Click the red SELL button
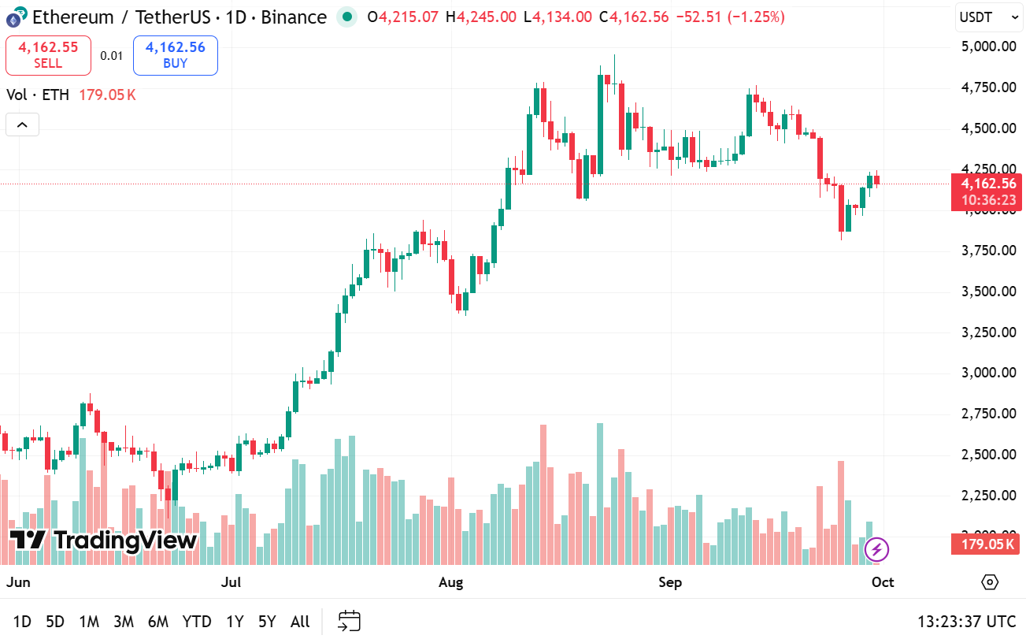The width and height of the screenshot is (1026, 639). pyautogui.click(x=48, y=55)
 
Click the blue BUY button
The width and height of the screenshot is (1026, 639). pyautogui.click(x=175, y=55)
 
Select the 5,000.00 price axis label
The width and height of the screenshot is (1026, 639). pyautogui.click(x=988, y=46)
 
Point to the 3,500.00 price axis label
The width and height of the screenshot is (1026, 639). pyautogui.click(x=988, y=292)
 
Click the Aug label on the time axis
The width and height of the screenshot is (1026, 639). pyautogui.click(x=450, y=582)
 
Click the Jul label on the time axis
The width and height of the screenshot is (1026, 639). pyautogui.click(x=231, y=582)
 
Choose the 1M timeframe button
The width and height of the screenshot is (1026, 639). pyautogui.click(x=89, y=622)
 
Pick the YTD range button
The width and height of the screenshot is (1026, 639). pyautogui.click(x=196, y=622)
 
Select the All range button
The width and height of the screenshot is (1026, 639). pyautogui.click(x=300, y=622)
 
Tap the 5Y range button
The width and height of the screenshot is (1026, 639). pyautogui.click(x=267, y=622)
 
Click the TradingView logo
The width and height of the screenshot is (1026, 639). pyautogui.click(x=103, y=541)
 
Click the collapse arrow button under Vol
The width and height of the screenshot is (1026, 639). pyautogui.click(x=22, y=124)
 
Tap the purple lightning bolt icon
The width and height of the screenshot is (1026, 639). pyautogui.click(x=876, y=549)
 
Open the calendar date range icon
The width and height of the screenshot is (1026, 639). pyautogui.click(x=349, y=621)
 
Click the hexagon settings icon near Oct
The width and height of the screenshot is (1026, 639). pyautogui.click(x=990, y=582)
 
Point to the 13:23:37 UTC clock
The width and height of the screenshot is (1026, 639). pyautogui.click(x=966, y=622)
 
